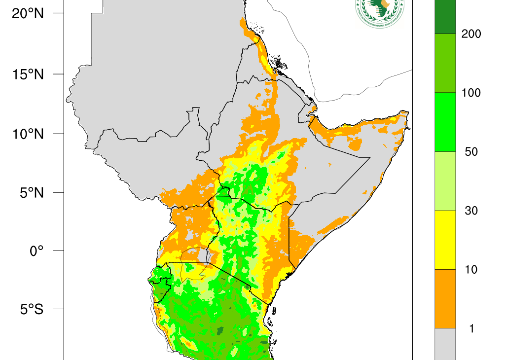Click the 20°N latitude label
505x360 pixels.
[x=28, y=13]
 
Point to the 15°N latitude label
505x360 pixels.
[x=28, y=74]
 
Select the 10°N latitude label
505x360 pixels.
[x=28, y=134]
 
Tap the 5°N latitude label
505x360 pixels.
[x=31, y=192]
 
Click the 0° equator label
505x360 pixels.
[x=36, y=251]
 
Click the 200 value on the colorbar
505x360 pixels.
[x=471, y=34]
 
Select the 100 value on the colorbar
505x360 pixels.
[x=471, y=93]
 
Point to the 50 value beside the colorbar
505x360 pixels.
[x=471, y=151]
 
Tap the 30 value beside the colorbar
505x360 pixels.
[x=471, y=211]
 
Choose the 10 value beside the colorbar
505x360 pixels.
[x=471, y=269]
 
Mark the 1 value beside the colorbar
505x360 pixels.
[x=471, y=328]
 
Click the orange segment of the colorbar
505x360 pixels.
[x=445, y=298]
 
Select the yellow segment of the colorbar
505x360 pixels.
[x=445, y=240]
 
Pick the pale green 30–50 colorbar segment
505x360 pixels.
[x=445, y=181]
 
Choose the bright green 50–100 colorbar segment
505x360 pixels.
[x=445, y=122]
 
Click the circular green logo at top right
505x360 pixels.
[x=379, y=11]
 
